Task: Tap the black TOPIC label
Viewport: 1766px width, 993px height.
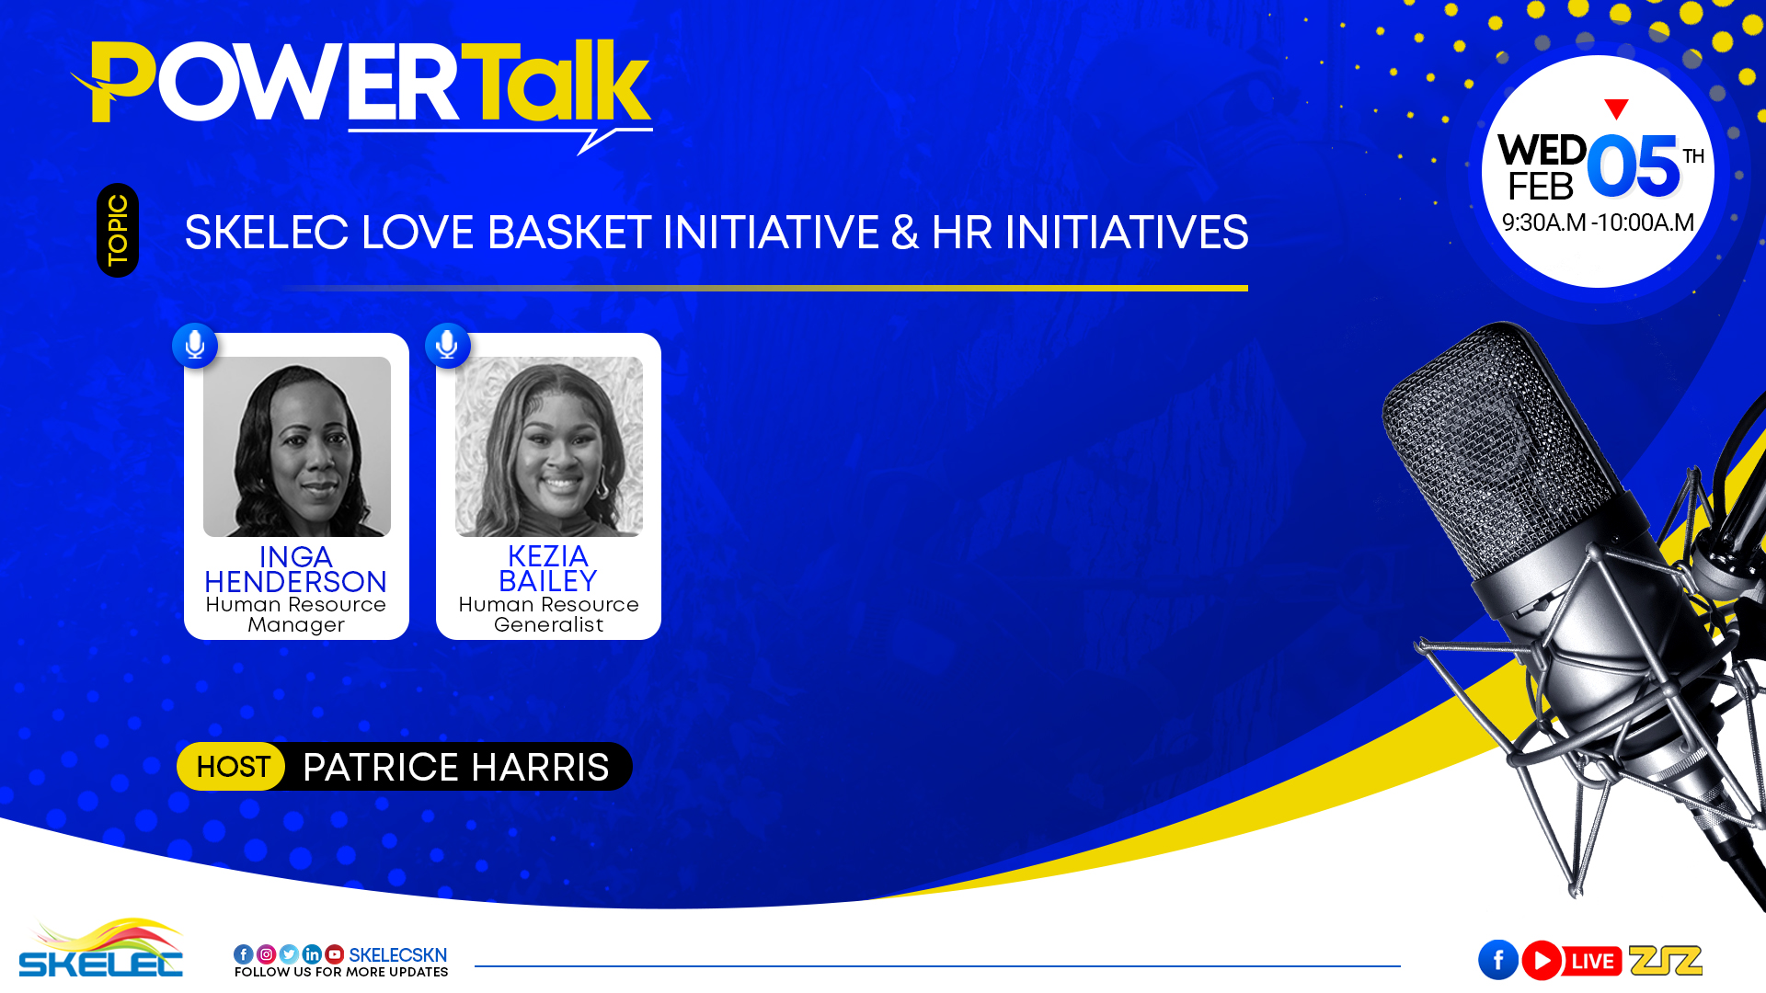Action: pos(118,230)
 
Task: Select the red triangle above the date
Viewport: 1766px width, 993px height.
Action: pos(1616,108)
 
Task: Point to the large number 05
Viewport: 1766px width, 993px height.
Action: pos(1633,166)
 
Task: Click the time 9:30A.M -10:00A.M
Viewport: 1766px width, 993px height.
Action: pos(1598,223)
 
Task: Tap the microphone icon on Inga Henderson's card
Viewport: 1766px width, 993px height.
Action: pos(195,346)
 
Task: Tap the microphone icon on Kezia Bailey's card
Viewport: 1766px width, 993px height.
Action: pos(448,346)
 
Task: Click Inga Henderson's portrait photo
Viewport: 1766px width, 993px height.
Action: pos(297,447)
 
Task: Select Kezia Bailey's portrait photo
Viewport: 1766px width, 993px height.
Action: pos(549,447)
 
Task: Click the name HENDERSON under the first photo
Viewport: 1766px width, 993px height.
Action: pos(295,582)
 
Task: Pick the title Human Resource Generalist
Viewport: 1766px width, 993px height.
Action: pos(549,614)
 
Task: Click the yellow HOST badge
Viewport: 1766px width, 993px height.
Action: pos(232,767)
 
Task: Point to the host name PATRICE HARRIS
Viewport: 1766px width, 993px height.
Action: pos(456,768)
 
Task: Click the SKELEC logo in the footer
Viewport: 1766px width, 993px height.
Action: pos(101,948)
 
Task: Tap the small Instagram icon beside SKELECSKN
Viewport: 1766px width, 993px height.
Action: pos(266,954)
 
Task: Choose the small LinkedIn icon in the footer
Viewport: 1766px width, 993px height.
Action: pos(312,954)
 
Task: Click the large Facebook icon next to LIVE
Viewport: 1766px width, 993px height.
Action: pos(1498,960)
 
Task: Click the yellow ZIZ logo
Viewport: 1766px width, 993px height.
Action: pos(1666,960)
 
